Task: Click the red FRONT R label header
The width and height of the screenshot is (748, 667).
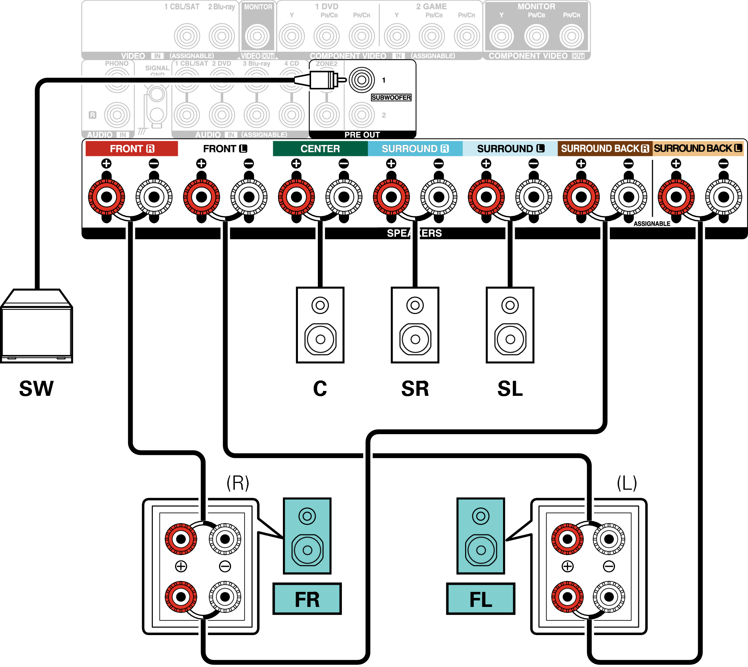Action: (131, 149)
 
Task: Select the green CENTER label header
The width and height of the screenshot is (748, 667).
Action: (320, 149)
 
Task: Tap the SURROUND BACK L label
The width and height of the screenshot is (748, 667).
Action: (698, 148)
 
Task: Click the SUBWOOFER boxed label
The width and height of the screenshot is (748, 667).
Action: (391, 98)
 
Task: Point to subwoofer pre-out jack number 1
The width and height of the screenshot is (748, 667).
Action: (362, 80)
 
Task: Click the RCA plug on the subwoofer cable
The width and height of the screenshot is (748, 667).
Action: (321, 80)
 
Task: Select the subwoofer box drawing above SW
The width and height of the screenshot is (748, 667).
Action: (36, 326)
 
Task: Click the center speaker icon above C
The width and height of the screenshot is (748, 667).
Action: (320, 325)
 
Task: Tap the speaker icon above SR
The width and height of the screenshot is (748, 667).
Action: (415, 325)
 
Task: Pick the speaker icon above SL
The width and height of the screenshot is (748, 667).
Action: (510, 325)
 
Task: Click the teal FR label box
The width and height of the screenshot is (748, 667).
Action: (307, 599)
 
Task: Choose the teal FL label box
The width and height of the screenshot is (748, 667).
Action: (481, 599)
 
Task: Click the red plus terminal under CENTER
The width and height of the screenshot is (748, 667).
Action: (296, 196)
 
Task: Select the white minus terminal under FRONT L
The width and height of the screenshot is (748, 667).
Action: (249, 196)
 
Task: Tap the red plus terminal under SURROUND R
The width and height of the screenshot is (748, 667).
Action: (391, 196)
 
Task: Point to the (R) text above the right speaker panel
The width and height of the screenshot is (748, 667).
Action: (238, 483)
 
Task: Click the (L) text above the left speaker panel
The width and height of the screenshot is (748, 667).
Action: (627, 483)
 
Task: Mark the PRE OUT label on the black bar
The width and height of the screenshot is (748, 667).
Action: (362, 135)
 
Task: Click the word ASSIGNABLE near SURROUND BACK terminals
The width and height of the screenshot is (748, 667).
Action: (652, 224)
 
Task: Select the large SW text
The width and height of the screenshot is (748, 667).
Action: (36, 388)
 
